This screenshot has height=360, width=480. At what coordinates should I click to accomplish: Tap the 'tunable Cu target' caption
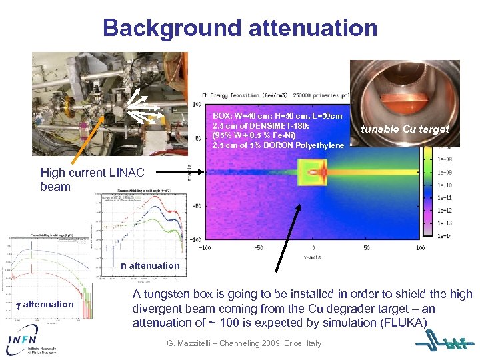[x=405, y=129]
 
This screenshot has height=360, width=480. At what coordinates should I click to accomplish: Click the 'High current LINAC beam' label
[x=92, y=179]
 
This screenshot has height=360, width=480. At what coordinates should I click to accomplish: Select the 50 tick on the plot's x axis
[x=367, y=247]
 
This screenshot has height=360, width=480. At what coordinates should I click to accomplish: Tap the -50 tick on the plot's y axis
[x=197, y=206]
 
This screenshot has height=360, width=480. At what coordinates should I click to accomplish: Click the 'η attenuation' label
[x=149, y=265]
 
